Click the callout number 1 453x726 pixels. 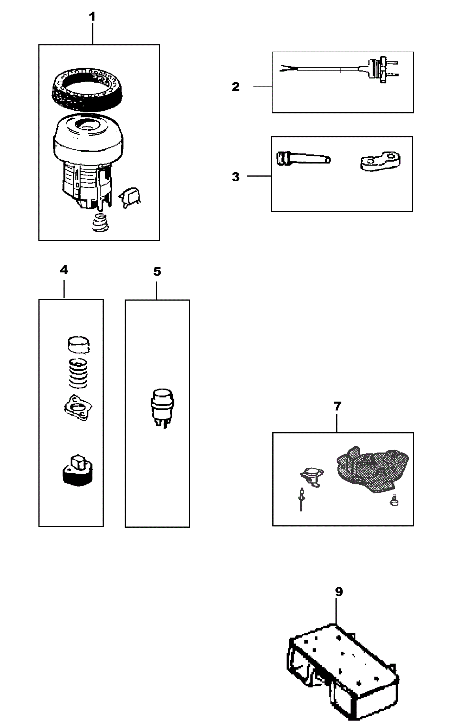(92, 17)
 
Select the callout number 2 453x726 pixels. (236, 87)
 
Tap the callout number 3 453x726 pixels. (236, 177)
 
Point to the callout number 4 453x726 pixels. (64, 270)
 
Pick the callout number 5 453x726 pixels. (157, 272)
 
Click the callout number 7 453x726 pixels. (337, 406)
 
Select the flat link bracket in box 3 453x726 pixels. (381, 162)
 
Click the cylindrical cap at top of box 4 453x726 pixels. (78, 345)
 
